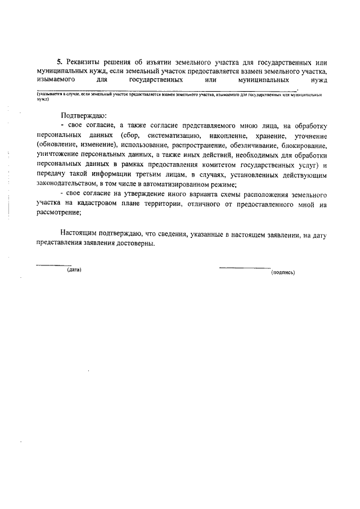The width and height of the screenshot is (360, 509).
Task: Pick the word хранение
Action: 274,136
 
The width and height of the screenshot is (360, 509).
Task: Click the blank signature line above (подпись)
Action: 244,267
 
